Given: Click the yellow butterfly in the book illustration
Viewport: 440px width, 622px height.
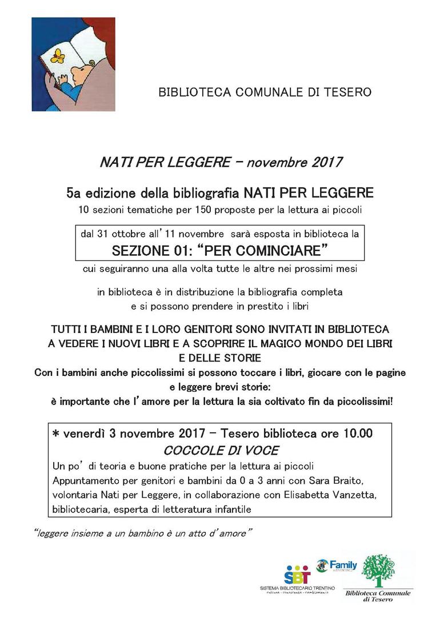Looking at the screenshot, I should (57, 56).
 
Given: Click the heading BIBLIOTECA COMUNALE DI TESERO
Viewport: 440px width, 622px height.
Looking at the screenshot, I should (265, 92).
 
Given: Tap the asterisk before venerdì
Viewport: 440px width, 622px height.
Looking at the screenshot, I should (55, 435).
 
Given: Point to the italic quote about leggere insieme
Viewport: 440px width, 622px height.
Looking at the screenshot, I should (143, 533).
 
